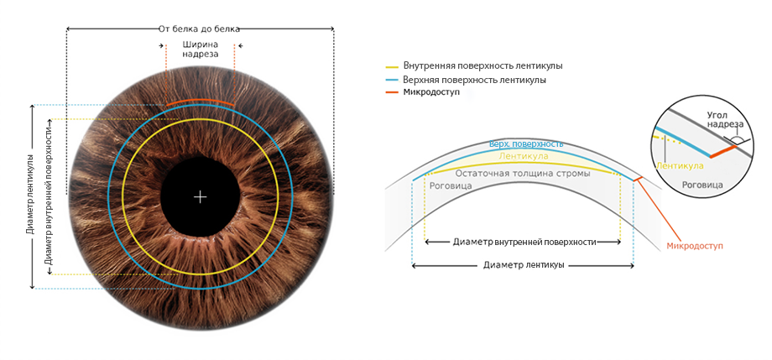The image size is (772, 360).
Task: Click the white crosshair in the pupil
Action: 200,197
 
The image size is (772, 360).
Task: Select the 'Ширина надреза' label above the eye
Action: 200,49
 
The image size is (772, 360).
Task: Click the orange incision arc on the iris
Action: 200,102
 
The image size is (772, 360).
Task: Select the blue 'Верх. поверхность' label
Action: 526,144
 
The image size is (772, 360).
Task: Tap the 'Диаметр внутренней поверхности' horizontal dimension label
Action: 524,242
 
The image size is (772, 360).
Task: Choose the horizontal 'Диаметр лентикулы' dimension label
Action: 524,264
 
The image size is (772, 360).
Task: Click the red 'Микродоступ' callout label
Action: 694,246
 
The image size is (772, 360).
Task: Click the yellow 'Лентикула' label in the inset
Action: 678,165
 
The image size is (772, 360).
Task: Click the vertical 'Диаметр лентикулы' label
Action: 30,195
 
